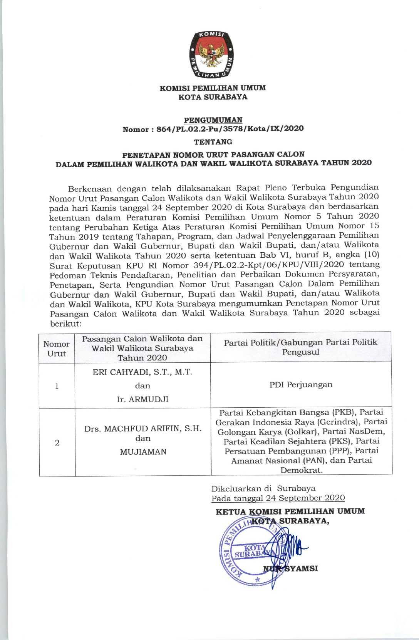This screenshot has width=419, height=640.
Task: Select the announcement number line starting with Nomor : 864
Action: click(213, 128)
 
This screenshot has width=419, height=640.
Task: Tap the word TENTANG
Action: click(213, 142)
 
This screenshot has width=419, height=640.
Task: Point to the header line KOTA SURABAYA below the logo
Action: click(213, 97)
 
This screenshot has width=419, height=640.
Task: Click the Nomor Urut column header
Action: click(57, 349)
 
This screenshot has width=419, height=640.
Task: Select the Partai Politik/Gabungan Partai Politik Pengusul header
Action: click(301, 347)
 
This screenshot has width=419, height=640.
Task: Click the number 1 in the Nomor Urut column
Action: click(57, 386)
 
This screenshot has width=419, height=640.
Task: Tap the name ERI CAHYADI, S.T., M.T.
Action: click(143, 372)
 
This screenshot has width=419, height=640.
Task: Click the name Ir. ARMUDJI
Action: click(143, 399)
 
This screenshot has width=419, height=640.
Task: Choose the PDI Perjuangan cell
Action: click(301, 385)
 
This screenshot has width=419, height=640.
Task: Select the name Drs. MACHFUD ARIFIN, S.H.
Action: click(143, 429)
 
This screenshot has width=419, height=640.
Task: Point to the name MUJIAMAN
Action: click(143, 452)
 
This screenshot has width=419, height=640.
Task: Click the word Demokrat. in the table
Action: click(301, 470)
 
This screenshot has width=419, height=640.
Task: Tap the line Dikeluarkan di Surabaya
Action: click(263, 488)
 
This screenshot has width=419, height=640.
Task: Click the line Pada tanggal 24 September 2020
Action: click(278, 498)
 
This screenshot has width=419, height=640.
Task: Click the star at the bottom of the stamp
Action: click(257, 580)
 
